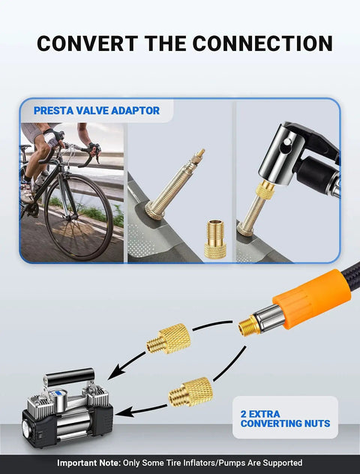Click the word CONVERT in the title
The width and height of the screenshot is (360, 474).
[x=87, y=43]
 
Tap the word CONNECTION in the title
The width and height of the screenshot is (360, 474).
[x=262, y=43]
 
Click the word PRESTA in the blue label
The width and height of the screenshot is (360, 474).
[x=53, y=111]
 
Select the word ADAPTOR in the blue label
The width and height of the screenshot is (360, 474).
[x=135, y=111]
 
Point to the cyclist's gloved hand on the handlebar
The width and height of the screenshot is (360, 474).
[x=94, y=149]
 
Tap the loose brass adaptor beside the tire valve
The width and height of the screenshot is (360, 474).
[x=215, y=239]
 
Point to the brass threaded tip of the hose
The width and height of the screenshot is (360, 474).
[x=249, y=325]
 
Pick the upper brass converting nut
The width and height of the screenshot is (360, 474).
[x=169, y=339]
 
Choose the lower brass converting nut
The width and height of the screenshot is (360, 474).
[x=190, y=392]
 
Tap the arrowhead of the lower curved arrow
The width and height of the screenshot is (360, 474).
[x=123, y=412]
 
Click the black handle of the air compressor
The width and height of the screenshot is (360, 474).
[x=70, y=376]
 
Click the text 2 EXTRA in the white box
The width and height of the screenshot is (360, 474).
[x=260, y=414]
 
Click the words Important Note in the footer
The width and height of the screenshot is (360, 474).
[x=88, y=463]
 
